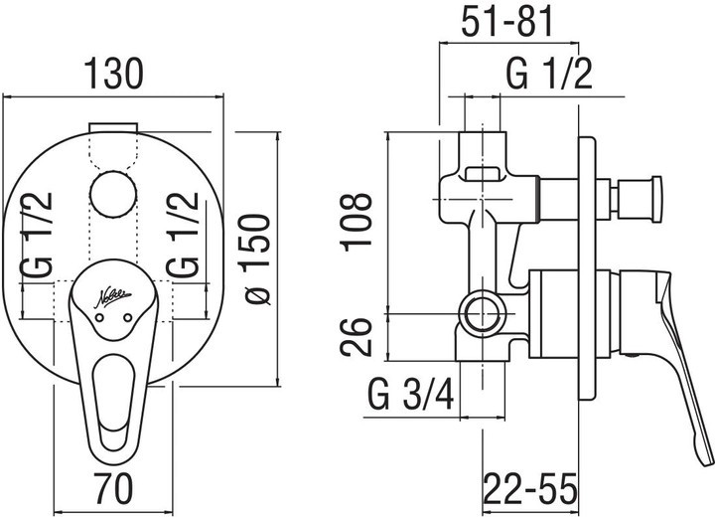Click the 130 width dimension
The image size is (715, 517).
pos(114,74)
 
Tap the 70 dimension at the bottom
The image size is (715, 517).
pos(113,488)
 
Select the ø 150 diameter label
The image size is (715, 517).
pos(257,258)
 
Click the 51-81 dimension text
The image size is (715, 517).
pos(506,22)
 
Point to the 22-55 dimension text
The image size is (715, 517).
pos(530,488)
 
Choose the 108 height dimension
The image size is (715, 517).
pos(357,223)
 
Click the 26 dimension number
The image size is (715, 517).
pos(357,337)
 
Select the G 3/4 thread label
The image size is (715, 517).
pos(411,395)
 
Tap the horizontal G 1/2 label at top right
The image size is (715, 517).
pos(549,74)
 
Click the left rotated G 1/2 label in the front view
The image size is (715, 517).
pos(37,236)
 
